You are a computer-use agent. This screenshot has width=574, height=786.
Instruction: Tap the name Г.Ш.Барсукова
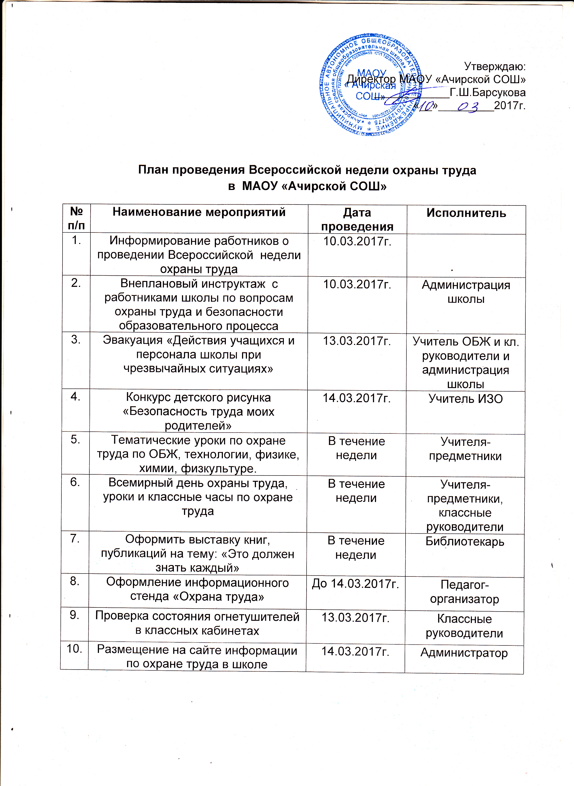(x=487, y=93)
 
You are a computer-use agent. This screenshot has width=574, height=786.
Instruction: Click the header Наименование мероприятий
(x=199, y=212)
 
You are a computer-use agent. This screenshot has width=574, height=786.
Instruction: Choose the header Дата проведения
(x=357, y=219)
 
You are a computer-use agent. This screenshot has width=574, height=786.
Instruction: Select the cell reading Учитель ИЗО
(x=466, y=399)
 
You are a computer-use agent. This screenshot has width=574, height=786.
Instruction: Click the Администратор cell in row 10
(x=464, y=653)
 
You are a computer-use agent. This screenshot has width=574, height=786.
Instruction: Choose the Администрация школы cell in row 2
(x=466, y=292)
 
